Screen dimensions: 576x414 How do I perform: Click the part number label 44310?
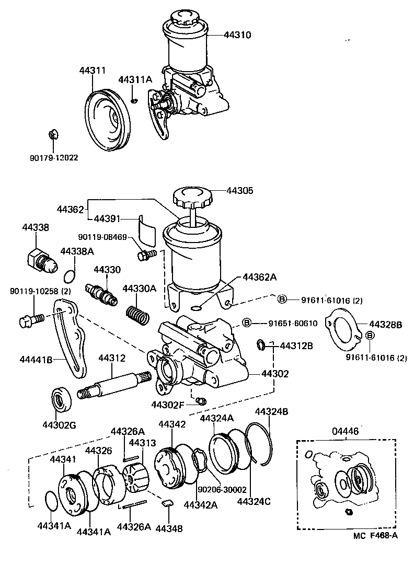pos(237,36)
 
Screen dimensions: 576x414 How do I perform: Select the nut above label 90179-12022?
pos(52,135)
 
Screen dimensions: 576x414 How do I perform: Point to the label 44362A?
pos(256,278)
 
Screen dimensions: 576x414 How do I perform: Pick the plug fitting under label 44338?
pos(41,259)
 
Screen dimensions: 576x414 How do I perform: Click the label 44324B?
pos(271,412)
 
